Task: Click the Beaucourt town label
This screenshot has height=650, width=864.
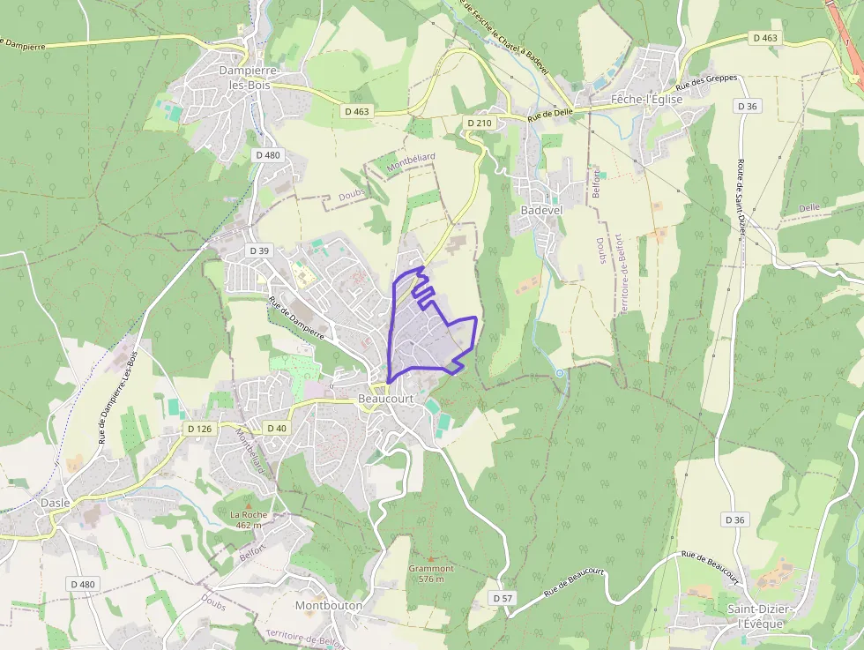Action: point(385,400)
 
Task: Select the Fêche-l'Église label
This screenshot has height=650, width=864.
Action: point(648,100)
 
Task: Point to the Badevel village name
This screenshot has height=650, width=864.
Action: point(541,211)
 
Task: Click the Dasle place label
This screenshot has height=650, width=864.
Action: point(55,503)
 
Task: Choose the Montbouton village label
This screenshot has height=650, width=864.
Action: point(329,606)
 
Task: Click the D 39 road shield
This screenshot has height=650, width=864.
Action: point(259,251)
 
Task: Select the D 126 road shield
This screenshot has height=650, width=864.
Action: point(199,429)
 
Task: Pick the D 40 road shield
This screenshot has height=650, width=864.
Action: point(276,429)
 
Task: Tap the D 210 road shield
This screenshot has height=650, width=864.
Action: point(479,123)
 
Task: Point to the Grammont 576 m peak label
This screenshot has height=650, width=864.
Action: point(430,574)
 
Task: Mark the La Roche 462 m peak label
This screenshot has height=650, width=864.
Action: point(248,519)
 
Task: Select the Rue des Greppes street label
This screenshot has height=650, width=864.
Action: point(705,84)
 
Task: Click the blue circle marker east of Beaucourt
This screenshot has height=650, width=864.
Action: point(560,373)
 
